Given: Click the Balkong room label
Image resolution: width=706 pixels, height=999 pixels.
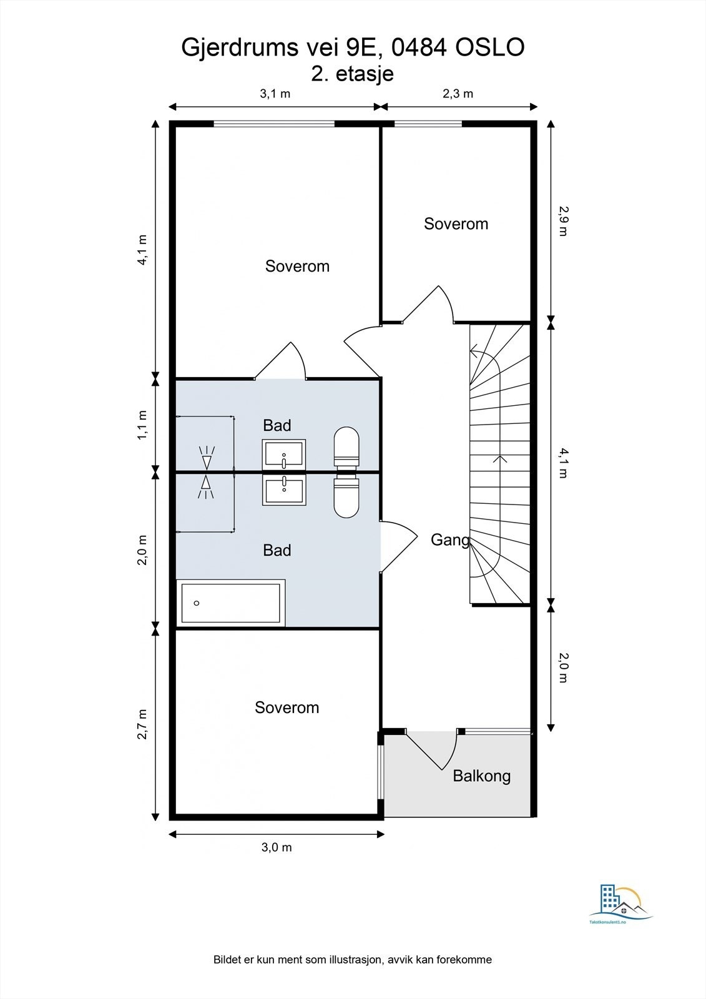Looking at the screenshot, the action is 482,777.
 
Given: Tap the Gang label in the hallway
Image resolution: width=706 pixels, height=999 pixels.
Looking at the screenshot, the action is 451,540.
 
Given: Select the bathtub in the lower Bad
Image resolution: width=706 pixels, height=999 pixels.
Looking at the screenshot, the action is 231,603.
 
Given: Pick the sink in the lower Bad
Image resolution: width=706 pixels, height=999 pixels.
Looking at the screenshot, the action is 284,490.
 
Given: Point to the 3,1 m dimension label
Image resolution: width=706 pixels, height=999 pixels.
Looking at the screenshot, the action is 275,94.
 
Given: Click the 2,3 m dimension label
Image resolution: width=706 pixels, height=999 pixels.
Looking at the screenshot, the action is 458,94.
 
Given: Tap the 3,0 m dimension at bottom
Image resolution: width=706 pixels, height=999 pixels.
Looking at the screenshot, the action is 277,847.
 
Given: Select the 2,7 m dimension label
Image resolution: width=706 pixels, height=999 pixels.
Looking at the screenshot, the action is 142,724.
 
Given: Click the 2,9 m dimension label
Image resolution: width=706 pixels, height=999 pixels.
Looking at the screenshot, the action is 564,221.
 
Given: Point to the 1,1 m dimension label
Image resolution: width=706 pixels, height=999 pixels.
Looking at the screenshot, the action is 142,425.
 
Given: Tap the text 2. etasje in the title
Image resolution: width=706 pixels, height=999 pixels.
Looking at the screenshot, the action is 352,74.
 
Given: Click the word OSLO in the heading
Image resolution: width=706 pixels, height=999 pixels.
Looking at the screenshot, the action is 489,47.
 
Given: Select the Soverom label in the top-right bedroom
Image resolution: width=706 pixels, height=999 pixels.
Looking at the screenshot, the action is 456,224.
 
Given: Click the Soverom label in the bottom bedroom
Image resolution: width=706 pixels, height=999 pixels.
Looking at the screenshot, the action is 287,708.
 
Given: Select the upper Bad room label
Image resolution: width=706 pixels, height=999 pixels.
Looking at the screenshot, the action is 277,425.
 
